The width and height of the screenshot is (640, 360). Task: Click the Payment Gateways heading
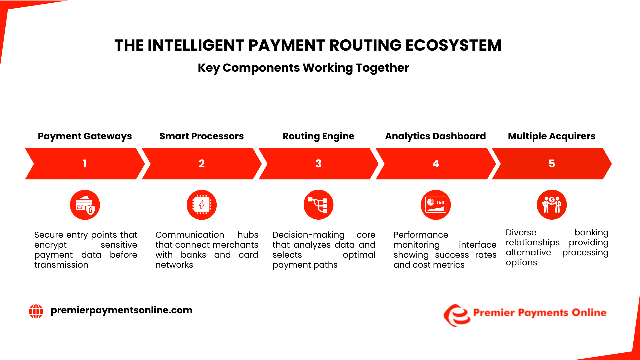(x=85, y=136)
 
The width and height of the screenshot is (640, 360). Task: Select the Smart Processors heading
(x=201, y=136)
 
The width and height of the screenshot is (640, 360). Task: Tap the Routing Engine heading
(x=318, y=136)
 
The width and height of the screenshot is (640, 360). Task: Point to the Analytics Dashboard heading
(x=435, y=136)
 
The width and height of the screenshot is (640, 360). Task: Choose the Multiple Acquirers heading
(x=552, y=136)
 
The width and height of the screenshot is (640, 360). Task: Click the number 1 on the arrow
(x=85, y=164)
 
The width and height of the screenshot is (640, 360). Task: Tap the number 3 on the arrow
(x=318, y=164)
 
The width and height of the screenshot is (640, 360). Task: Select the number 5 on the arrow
(x=552, y=164)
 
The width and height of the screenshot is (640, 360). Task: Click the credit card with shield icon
(x=85, y=205)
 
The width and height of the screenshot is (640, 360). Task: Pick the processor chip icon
(x=202, y=205)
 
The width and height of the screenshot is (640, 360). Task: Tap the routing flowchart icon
(x=318, y=205)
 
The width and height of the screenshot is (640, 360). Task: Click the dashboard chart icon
(x=436, y=205)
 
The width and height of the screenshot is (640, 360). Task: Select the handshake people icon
(x=552, y=205)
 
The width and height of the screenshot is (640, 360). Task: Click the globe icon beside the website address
(x=36, y=311)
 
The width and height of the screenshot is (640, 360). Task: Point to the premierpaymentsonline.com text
(x=121, y=310)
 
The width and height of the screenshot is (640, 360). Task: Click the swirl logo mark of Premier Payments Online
(x=457, y=315)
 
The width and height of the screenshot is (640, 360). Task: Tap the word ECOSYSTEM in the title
(x=453, y=45)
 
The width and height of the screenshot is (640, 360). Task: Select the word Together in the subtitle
(x=382, y=68)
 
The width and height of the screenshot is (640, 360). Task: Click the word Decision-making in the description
(x=308, y=235)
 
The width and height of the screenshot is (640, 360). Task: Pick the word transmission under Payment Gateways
(x=61, y=265)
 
